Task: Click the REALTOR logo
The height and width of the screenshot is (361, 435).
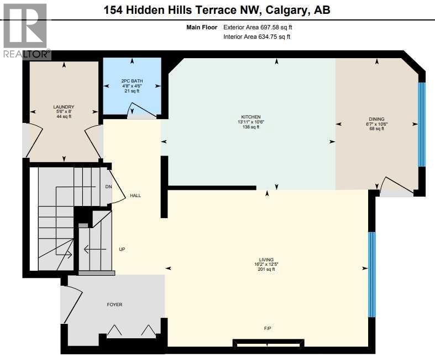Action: [26, 31]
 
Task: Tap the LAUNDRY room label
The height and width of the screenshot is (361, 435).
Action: [64, 107]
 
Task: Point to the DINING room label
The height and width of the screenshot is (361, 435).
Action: [376, 118]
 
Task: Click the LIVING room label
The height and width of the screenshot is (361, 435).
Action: [266, 259]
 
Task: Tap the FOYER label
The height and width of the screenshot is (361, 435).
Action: [114, 305]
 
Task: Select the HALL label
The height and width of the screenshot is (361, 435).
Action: [135, 195]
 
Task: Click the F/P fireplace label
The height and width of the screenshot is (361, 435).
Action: [268, 329]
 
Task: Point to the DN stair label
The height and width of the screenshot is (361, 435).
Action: [108, 187]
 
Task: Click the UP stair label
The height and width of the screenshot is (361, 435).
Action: [122, 249]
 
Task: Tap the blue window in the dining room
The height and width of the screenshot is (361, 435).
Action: [422, 124]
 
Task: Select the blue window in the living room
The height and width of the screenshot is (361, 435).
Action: [372, 274]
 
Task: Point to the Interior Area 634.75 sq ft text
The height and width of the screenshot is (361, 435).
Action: [256, 37]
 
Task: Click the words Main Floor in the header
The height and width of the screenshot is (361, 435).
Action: [203, 27]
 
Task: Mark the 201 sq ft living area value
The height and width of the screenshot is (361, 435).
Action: [266, 269]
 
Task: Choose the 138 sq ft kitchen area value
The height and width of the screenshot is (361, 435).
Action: [250, 127]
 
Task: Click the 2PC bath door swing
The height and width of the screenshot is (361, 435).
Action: [135, 113]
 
